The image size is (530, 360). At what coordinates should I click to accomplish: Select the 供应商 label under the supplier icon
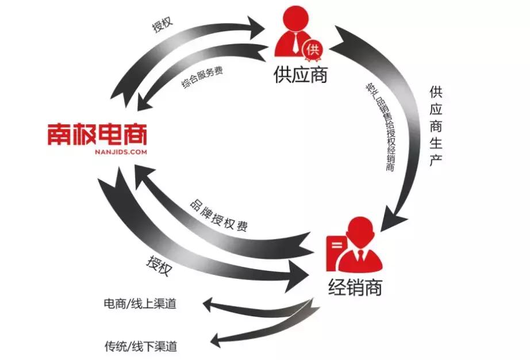[300, 75]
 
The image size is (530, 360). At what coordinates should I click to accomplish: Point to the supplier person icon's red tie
[295, 43]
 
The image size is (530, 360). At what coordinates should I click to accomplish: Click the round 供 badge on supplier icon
[313, 49]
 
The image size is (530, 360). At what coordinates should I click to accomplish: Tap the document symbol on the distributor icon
[338, 252]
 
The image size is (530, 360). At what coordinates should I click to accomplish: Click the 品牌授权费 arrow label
[218, 215]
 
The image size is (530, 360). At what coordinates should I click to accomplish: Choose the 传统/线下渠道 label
[140, 346]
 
